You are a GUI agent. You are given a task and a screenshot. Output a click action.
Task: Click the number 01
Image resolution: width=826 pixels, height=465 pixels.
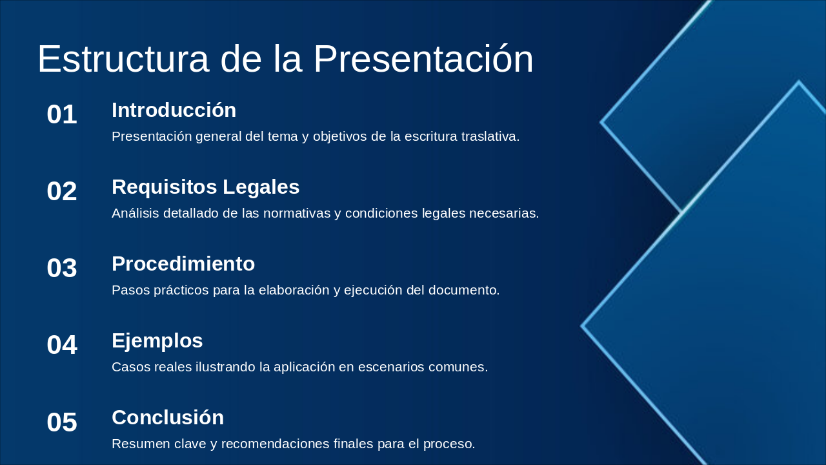pyautogui.click(x=62, y=114)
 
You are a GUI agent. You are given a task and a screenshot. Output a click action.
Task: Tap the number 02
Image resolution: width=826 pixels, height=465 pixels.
pyautogui.click(x=62, y=191)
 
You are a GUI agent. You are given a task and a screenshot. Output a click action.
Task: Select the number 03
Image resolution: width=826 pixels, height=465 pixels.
pyautogui.click(x=62, y=268)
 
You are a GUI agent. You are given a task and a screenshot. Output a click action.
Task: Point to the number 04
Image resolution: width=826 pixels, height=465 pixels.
pyautogui.click(x=62, y=345)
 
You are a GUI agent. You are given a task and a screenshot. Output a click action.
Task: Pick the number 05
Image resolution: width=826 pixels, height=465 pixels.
pyautogui.click(x=62, y=422)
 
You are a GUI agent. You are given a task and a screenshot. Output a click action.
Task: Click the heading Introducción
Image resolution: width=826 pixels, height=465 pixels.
pyautogui.click(x=174, y=110)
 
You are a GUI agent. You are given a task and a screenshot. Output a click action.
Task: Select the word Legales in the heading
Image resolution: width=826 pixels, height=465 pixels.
pyautogui.click(x=261, y=187)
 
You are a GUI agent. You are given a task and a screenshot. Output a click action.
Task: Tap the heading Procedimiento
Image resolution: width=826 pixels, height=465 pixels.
pyautogui.click(x=183, y=264)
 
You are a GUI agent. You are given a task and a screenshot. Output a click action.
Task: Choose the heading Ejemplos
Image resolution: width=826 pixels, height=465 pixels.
pyautogui.click(x=157, y=340)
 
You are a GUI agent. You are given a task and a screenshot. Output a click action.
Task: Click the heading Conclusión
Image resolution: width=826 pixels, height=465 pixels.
pyautogui.click(x=168, y=417)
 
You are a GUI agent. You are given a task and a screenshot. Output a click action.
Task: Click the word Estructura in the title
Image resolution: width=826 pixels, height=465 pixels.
pyautogui.click(x=123, y=59)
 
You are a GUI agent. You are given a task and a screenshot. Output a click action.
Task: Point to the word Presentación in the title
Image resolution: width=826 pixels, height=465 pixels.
pyautogui.click(x=423, y=59)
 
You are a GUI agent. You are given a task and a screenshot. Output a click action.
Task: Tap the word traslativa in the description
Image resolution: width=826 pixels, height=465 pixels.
pyautogui.click(x=490, y=136)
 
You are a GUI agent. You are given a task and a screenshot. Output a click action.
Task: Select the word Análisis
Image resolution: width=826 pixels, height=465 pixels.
pyautogui.click(x=136, y=213)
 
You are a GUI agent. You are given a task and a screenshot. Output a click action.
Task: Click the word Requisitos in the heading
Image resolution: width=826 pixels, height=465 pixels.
pyautogui.click(x=165, y=187)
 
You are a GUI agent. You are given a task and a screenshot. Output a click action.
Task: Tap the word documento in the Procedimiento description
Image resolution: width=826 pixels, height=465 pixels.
pyautogui.click(x=464, y=291)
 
